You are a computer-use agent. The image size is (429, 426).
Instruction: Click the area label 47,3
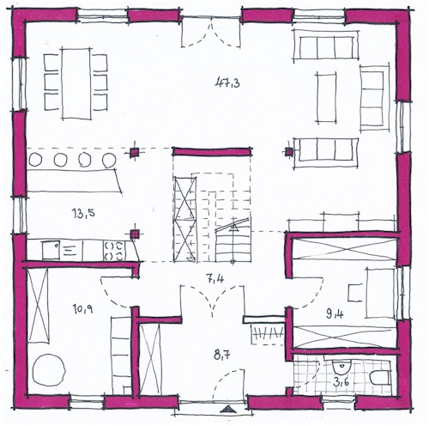pyautogui.click(x=227, y=83)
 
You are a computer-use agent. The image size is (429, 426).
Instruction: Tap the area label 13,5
pyautogui.click(x=83, y=213)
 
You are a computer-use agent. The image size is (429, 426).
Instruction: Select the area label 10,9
pyautogui.click(x=82, y=309)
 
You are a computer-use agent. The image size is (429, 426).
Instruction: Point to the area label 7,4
pyautogui.click(x=214, y=278)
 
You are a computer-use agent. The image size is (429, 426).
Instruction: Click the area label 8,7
pyautogui.click(x=222, y=355)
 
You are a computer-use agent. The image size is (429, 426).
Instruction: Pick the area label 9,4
pyautogui.click(x=335, y=314)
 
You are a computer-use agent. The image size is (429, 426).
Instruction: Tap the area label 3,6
pyautogui.click(x=341, y=382)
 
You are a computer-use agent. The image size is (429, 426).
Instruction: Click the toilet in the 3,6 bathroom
pyautogui.click(x=380, y=378)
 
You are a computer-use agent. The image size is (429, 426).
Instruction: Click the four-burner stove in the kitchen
pyautogui.click(x=114, y=251)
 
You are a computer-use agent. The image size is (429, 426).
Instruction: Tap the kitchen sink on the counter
pyautogui.click(x=51, y=250)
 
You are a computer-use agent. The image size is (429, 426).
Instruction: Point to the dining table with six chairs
pyautogui.click(x=76, y=83)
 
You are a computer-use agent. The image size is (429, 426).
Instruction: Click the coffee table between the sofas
pyautogui.click(x=326, y=98)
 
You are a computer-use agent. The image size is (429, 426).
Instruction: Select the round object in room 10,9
pyautogui.click(x=49, y=369)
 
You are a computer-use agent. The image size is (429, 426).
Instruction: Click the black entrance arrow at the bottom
pyautogui.click(x=228, y=410)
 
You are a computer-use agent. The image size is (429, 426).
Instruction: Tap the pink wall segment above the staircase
pyautogui.click(x=212, y=151)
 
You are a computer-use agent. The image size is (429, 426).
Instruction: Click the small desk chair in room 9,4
pyautogui.click(x=354, y=293)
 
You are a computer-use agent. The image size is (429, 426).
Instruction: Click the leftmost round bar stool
pyautogui.click(x=35, y=160)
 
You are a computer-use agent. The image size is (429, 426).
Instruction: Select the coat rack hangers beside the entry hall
pyautogui.click(x=268, y=333)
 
